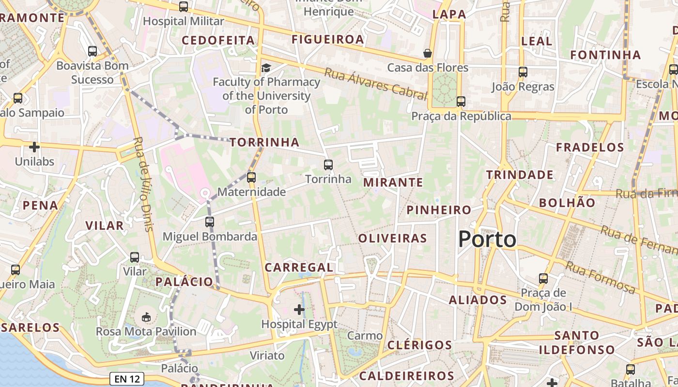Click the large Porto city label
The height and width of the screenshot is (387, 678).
pos(487,239)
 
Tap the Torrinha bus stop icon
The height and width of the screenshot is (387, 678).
pos(328,165)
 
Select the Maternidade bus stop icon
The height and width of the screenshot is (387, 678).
pos(251,178)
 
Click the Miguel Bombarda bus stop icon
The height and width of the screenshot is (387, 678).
pos(209,222)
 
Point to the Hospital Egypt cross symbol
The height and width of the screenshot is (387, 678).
pos(299,309)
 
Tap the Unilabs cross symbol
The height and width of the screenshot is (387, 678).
pos(34,147)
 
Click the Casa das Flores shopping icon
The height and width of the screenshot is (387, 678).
pos(427,53)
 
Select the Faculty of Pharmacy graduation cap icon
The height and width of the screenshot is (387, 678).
pos(266,67)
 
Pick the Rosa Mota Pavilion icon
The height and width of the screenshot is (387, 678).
pos(146,317)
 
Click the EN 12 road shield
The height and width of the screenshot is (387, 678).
pos(127,379)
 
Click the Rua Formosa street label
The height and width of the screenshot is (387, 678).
pos(600,278)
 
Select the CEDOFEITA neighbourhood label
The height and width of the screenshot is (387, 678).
pos(218,40)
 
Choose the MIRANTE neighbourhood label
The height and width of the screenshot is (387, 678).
pos(393,182)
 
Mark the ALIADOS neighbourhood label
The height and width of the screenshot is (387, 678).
pos(478,300)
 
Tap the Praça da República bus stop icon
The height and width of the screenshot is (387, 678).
pos(461,102)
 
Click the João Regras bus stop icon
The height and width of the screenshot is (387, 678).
pos(523,72)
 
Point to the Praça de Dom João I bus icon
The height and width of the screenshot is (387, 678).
pos(543,279)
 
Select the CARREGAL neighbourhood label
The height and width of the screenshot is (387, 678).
pos(299,268)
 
